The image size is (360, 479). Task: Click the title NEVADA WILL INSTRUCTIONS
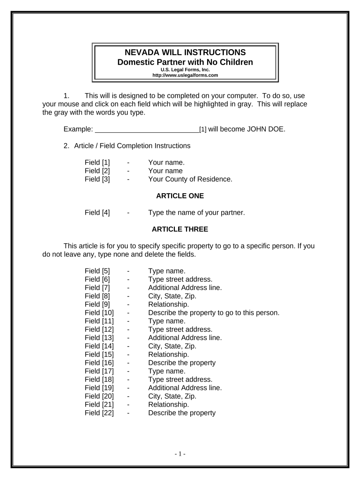pos(185,52)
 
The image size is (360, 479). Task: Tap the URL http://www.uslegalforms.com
pos(186,75)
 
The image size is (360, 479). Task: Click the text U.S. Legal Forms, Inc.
pos(186,70)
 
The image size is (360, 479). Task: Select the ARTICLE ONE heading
pos(180,196)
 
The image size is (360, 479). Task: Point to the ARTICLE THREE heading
pos(180,229)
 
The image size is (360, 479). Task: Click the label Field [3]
pos(97,179)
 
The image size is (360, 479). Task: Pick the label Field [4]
pos(97,213)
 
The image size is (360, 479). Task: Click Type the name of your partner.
pos(196,213)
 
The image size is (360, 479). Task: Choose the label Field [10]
pos(99,313)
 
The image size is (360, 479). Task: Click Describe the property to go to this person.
pos(214,313)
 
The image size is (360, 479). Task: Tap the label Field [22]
pos(99,413)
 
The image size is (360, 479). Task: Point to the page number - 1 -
pos(180,454)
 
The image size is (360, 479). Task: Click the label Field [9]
pos(97,305)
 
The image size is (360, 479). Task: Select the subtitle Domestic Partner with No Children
pos(185,62)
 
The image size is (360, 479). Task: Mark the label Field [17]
pos(99,371)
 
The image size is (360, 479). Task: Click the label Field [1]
pos(97,163)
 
